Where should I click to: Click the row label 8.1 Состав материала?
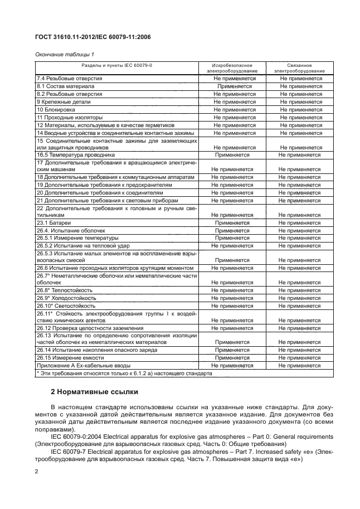[65, 87]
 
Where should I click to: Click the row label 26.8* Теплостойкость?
[65, 290]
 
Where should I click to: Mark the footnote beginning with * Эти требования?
[124, 373]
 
